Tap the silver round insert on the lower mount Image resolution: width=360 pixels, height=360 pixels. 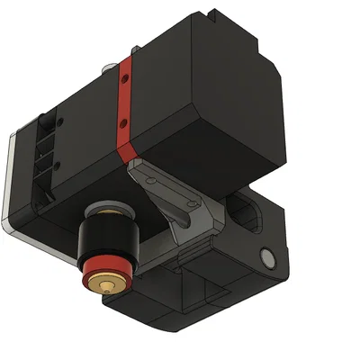tap(266, 258)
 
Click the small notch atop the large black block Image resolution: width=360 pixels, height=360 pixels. tap(210, 13)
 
